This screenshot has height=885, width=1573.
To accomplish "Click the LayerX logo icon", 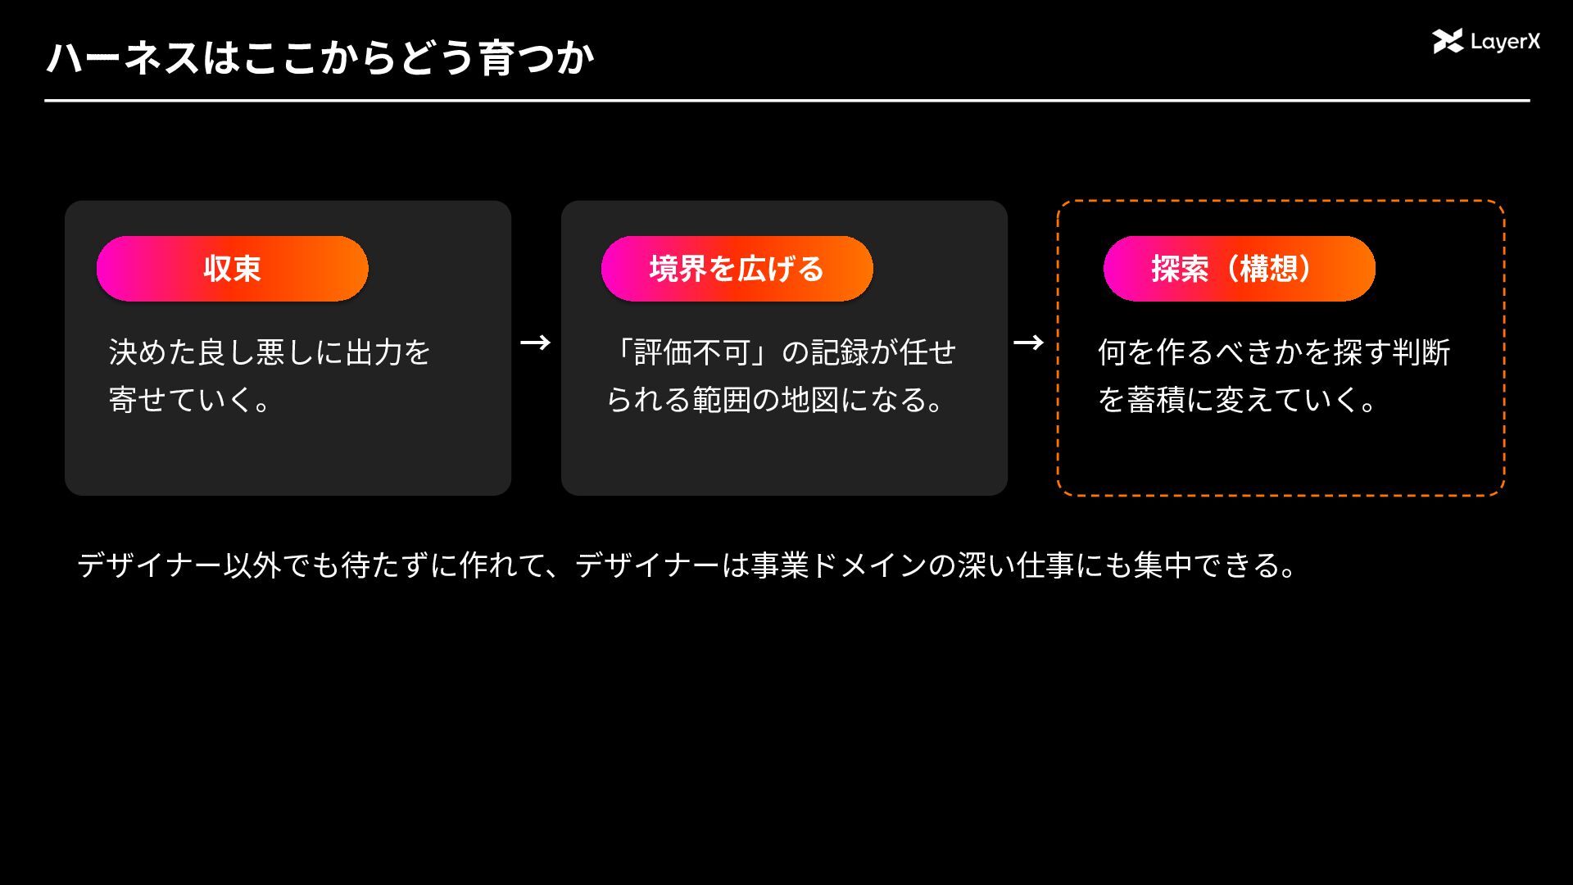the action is click(x=1448, y=41).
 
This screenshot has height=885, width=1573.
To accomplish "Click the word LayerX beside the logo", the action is click(x=1506, y=42).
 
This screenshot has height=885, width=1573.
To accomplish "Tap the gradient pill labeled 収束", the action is click(x=233, y=269).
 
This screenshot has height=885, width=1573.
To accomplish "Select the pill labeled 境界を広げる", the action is click(x=737, y=269).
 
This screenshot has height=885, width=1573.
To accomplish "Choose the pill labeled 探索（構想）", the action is click(x=1240, y=269).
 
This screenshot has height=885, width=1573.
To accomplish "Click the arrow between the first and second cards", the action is click(x=536, y=343).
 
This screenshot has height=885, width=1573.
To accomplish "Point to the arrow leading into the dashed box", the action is click(x=1029, y=343).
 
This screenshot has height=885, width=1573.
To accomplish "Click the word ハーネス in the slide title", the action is click(x=123, y=58).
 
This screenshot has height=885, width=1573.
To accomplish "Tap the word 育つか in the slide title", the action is click(x=537, y=58).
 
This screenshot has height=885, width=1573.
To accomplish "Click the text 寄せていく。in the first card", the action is click(x=190, y=400).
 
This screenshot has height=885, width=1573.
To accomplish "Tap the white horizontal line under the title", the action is click(x=787, y=101).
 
